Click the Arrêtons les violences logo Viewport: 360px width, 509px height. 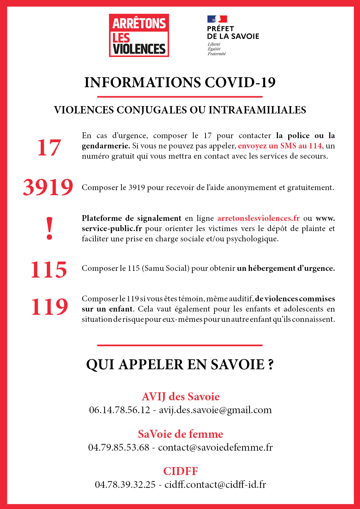click(x=139, y=35)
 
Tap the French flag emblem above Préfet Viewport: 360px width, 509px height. click(x=217, y=19)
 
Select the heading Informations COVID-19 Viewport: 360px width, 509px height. click(x=180, y=82)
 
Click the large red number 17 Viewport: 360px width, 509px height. click(x=49, y=148)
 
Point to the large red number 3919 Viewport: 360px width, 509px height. click(x=48, y=187)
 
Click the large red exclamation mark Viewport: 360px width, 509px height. click(x=49, y=228)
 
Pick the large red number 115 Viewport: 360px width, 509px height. click(x=49, y=269)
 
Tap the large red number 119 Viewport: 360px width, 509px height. click(x=49, y=307)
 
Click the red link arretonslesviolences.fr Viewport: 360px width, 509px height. click(x=258, y=218)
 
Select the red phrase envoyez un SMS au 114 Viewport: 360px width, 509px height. click(x=280, y=146)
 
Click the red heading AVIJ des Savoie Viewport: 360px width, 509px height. click(x=180, y=396)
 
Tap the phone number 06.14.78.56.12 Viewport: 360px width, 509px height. click(x=120, y=410)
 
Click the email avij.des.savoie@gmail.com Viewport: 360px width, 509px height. click(x=215, y=410)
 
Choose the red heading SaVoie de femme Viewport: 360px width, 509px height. click(x=180, y=434)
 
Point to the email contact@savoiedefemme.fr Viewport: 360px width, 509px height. click(x=215, y=447)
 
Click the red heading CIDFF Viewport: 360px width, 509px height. click(x=180, y=471)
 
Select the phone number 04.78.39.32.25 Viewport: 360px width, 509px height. click(x=125, y=484)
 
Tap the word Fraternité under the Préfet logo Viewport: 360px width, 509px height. click(x=217, y=54)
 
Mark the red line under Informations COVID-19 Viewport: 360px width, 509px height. click(x=180, y=96)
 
